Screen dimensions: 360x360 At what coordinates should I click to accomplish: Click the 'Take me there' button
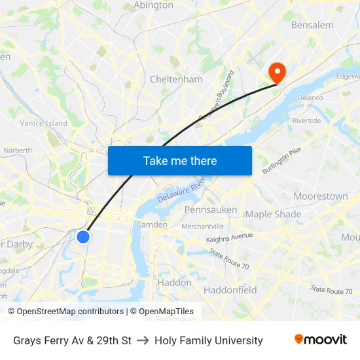[x=180, y=160]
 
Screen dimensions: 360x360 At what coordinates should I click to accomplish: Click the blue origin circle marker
[x=83, y=236]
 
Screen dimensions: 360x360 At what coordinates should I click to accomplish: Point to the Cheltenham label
[x=176, y=79]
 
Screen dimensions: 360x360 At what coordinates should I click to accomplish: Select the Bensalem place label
[x=312, y=25]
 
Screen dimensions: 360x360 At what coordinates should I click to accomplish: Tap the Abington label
[x=153, y=5]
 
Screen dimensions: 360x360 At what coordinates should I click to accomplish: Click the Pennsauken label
[x=210, y=209]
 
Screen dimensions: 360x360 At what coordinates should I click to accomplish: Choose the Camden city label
[x=151, y=225]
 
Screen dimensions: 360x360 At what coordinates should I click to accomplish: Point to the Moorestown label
[x=321, y=196]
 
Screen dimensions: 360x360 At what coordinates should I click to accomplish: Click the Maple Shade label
[x=273, y=214]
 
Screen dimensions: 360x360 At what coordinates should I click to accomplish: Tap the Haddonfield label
[x=230, y=290]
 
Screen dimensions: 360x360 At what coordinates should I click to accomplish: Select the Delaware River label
[x=181, y=190]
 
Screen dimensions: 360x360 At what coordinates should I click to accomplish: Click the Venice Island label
[x=43, y=123]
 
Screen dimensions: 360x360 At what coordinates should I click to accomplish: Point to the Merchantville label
[x=202, y=226]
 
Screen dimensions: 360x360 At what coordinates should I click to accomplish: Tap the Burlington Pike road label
[x=281, y=160]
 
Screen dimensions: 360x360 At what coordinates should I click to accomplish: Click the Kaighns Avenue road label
[x=229, y=238]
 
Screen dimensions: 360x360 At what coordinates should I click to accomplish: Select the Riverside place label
[x=306, y=120]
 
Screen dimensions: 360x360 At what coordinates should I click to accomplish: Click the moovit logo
[x=320, y=340]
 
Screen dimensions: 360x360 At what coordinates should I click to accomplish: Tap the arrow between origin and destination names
[x=143, y=340]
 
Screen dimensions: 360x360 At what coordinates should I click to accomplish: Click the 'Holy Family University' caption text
[x=208, y=340]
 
